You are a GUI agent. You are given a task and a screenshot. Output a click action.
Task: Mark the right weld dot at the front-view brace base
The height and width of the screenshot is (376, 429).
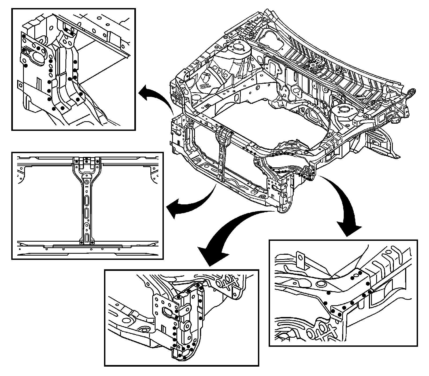point(92,243)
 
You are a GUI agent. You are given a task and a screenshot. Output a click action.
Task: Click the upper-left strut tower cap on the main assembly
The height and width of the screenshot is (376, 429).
point(237,46)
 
